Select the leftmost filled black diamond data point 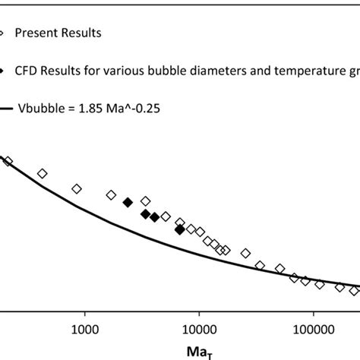click(128, 202)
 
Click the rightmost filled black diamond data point click(179, 229)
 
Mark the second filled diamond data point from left click(145, 214)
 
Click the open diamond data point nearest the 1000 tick click(77, 188)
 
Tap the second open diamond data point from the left click(43, 173)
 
